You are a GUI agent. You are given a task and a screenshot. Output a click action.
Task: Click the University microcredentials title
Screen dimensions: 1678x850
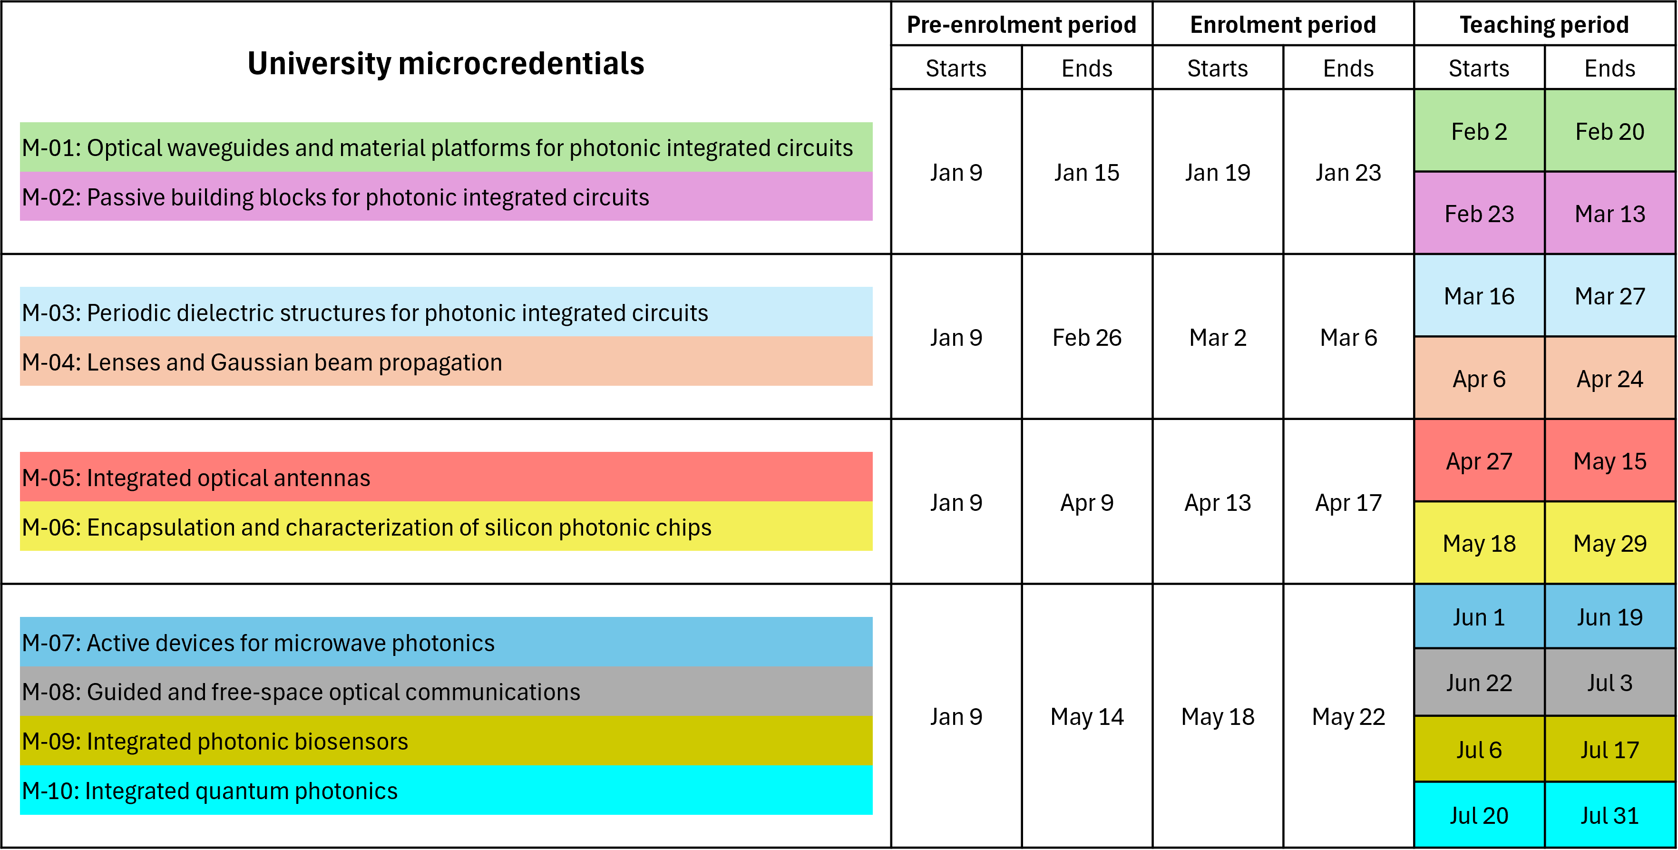[x=446, y=64]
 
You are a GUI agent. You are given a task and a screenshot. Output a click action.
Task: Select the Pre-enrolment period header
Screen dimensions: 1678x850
[x=1021, y=25]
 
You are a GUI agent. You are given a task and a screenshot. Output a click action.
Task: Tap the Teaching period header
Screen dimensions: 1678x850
[x=1544, y=25]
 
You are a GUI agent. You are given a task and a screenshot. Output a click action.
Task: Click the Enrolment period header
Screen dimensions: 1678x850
[x=1283, y=25]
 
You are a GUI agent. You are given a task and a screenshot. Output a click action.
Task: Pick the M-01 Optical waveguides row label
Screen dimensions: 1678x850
[x=437, y=148]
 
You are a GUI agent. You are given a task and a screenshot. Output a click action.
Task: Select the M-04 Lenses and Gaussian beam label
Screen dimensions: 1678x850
[x=262, y=362]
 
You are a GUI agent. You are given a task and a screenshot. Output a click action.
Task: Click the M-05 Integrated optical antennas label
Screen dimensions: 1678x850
[x=195, y=478]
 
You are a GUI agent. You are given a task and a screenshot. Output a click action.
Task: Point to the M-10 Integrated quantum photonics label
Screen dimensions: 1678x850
[x=209, y=791]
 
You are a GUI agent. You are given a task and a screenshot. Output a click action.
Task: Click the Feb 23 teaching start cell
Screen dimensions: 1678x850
[x=1479, y=214]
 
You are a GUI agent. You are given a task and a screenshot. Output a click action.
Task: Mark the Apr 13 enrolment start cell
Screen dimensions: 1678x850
[x=1218, y=503]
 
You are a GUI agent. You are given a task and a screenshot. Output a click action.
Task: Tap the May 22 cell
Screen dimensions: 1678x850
[x=1348, y=716]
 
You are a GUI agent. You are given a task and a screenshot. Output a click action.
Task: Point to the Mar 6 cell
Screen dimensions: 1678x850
[x=1348, y=337]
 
